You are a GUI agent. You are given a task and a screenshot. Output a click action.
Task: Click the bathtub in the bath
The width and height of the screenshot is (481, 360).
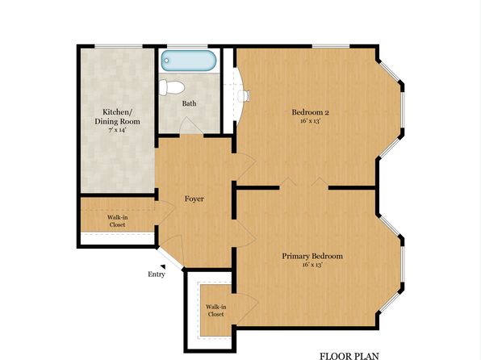(x=189, y=61)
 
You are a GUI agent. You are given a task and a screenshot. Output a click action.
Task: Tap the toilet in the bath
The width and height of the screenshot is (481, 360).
(x=171, y=87)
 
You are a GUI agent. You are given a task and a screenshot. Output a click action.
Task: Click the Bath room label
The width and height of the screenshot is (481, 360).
(x=189, y=103)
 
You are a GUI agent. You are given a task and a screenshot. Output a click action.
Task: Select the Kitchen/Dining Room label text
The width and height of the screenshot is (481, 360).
(x=117, y=116)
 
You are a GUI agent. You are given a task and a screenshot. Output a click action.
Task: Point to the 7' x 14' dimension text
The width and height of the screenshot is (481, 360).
(x=118, y=130)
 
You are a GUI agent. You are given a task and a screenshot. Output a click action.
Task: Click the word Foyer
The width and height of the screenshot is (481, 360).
(x=194, y=199)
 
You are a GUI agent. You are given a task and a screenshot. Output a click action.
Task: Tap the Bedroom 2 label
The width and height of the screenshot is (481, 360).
(x=310, y=112)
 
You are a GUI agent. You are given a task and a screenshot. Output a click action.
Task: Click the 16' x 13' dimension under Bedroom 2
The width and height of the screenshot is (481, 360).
(x=311, y=120)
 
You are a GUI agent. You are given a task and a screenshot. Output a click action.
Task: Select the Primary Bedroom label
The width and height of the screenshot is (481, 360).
(x=312, y=256)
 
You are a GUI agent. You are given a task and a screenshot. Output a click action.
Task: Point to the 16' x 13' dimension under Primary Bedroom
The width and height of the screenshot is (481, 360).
(x=312, y=265)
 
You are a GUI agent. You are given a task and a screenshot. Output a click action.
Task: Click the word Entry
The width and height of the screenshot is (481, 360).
(x=157, y=274)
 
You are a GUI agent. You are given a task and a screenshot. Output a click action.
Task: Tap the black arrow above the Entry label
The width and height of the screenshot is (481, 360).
(x=163, y=266)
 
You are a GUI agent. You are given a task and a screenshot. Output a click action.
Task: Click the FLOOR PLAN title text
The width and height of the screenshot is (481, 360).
(x=349, y=356)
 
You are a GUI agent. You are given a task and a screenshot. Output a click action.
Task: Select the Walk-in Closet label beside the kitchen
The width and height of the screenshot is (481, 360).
(x=118, y=221)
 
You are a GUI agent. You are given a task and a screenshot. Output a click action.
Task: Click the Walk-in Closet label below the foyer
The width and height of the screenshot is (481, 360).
(x=215, y=310)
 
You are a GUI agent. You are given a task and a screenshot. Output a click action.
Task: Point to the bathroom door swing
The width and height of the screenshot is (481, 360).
(x=190, y=126)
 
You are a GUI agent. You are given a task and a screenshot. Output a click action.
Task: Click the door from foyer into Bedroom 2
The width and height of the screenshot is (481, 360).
(x=245, y=166)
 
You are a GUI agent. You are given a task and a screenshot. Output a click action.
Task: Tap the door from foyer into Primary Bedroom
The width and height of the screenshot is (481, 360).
(x=245, y=234)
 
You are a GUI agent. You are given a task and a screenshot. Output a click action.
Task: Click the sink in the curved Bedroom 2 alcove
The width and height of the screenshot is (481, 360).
(x=244, y=95)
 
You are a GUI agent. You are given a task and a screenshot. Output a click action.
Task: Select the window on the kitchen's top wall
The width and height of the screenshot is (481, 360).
(x=119, y=46)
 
